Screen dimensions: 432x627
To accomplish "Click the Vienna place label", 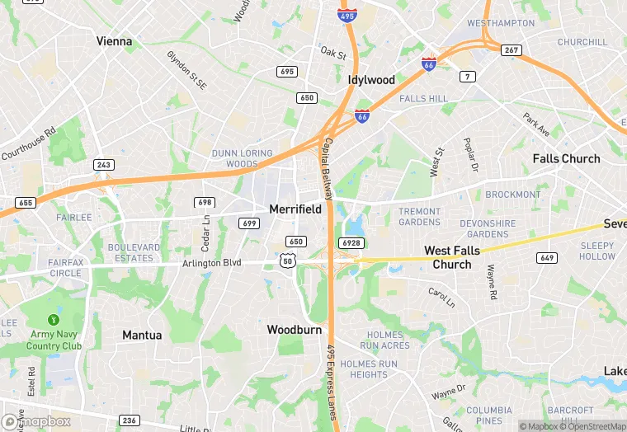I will (x=114, y=40).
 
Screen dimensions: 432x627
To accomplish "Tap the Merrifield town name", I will (x=295, y=209).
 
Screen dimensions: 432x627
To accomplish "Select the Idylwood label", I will (x=371, y=80).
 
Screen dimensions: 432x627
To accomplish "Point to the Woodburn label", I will (x=293, y=329).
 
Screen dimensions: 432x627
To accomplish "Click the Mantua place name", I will (x=142, y=335).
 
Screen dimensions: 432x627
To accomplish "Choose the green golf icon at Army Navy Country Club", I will (x=54, y=319).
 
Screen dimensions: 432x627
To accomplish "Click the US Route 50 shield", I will (x=288, y=260).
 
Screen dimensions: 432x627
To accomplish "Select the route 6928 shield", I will (x=350, y=242).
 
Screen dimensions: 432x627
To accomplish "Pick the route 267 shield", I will (x=511, y=50).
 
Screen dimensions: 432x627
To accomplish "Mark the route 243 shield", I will (x=103, y=165).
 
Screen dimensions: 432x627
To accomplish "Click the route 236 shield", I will (x=129, y=420).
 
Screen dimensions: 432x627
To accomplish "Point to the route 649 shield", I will (x=546, y=257).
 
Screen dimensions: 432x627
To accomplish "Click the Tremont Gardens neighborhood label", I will (x=420, y=217).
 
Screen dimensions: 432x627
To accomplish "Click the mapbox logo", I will (x=36, y=421).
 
